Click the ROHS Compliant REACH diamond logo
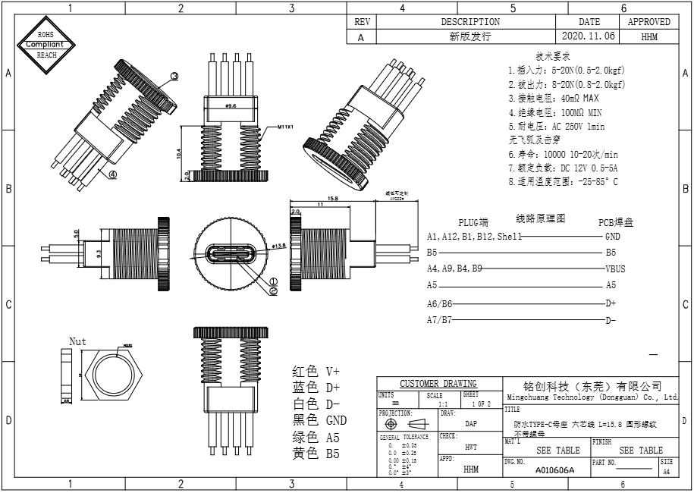point(47,44)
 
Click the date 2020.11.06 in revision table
point(589,36)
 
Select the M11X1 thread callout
point(286,127)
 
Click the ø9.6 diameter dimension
point(231,107)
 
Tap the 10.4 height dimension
point(178,152)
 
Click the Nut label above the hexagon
point(78,341)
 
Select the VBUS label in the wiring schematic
point(615,268)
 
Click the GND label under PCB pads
point(613,236)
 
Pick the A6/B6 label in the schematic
point(439,303)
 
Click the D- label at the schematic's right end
point(611,320)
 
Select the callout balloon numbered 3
point(174,76)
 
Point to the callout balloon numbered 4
point(112,174)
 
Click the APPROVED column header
point(648,22)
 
